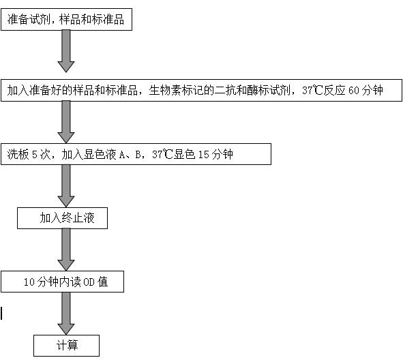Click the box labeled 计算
66,346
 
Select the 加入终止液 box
62,218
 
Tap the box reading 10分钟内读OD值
62,282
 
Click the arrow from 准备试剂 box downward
66,51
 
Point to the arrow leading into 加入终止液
66,185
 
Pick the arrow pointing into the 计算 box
66,314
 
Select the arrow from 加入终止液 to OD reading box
66,250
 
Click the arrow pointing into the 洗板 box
66,122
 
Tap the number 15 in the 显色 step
204,155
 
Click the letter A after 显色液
122,155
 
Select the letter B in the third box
138,155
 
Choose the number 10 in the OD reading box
29,282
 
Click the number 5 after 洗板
35,155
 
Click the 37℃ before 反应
312,90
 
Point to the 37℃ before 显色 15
162,155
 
